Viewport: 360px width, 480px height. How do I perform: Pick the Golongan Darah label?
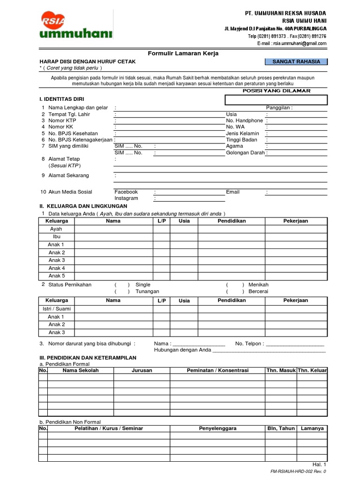(246, 152)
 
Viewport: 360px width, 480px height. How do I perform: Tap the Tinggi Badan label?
(241, 140)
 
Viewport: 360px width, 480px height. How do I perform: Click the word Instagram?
(126, 198)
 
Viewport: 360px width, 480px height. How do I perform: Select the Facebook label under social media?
(126, 192)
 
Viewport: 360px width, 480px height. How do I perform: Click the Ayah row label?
(56, 229)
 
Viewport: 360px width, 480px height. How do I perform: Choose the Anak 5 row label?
(57, 276)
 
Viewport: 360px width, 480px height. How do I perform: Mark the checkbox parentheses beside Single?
(122, 285)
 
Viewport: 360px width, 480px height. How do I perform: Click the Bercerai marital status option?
(258, 291)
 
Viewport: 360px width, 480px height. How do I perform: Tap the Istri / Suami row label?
(57, 309)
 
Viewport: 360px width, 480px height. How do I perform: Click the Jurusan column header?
(142, 370)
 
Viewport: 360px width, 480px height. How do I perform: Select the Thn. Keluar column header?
(312, 370)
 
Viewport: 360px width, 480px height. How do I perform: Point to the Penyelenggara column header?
(217, 428)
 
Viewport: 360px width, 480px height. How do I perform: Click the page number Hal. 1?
(319, 464)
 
